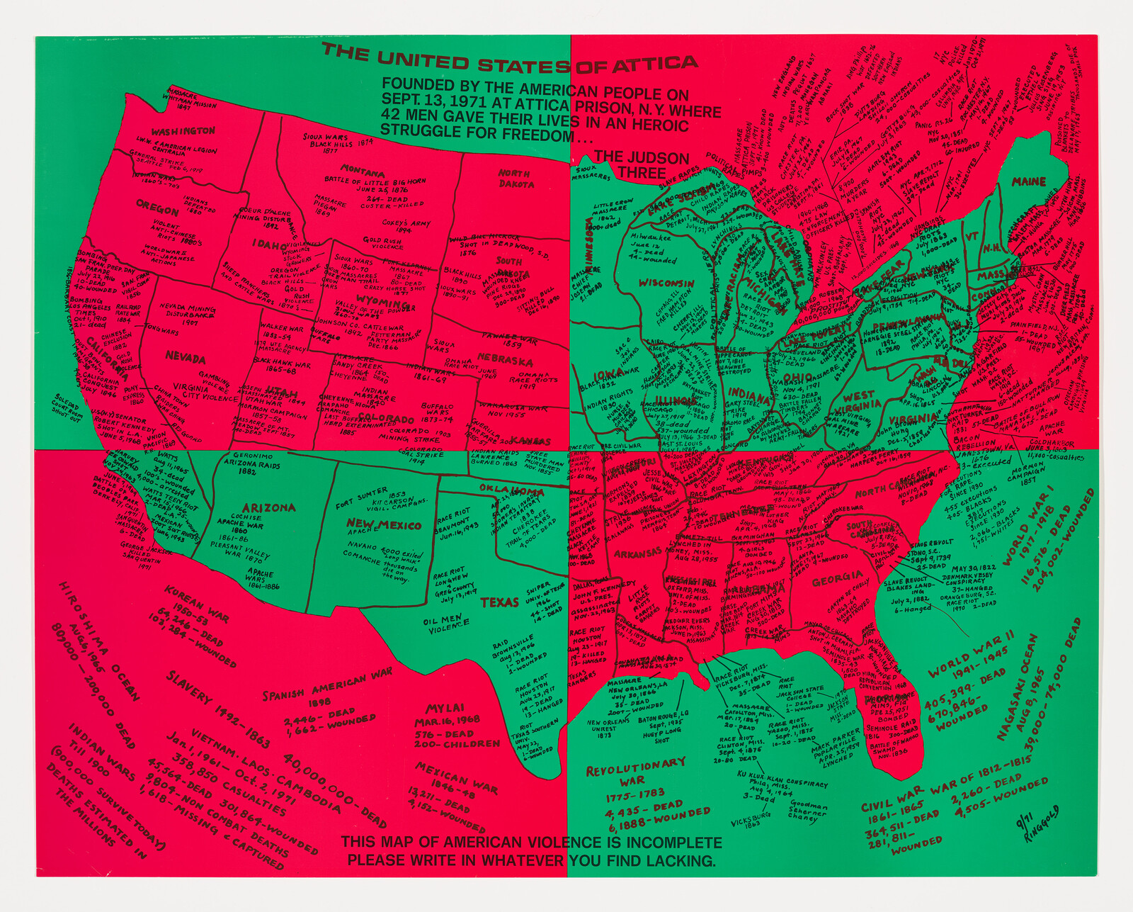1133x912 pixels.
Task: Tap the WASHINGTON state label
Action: [183, 131]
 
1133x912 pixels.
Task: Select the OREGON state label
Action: [157, 210]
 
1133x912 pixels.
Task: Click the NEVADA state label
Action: [185, 359]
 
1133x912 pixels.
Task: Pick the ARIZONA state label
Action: [268, 507]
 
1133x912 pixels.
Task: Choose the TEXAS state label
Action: [499, 602]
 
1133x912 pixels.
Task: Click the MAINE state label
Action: [1028, 182]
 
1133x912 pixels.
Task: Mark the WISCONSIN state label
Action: [666, 283]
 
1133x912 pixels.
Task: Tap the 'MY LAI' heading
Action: [445, 708]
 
